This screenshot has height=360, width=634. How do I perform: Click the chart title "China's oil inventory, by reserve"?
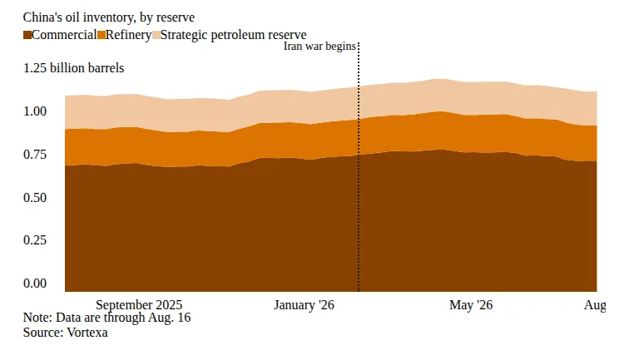tap(109, 17)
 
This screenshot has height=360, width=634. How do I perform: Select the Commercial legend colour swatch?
tap(27, 35)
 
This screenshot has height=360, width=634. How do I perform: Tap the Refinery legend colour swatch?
tap(102, 35)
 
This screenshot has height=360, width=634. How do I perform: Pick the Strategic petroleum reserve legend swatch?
tap(156, 35)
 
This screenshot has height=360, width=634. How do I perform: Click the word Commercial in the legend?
tap(64, 35)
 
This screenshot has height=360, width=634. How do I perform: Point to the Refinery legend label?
tap(128, 35)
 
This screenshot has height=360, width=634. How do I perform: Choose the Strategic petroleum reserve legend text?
tap(233, 35)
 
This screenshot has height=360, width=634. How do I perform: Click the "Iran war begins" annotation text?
tap(319, 46)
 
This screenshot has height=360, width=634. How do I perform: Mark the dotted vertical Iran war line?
tap(359, 166)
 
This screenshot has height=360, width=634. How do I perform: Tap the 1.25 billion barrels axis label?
tap(73, 68)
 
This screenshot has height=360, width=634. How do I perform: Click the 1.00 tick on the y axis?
tap(35, 111)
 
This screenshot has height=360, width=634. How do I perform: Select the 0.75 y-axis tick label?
tap(35, 155)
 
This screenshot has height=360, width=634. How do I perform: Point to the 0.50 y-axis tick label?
tap(35, 198)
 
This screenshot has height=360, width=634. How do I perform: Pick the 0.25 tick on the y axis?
tap(35, 240)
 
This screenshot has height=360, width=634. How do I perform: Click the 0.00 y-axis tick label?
tap(35, 284)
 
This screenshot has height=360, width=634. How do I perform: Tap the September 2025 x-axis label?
tap(139, 304)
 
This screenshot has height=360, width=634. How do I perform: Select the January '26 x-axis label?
tap(304, 304)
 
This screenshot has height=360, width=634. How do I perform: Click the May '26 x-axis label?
tap(471, 304)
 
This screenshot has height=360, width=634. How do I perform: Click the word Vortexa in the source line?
tap(87, 333)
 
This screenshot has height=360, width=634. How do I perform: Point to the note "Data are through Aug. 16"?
tap(123, 318)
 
